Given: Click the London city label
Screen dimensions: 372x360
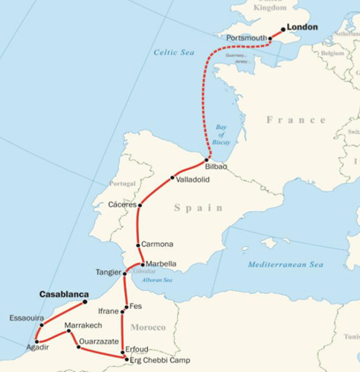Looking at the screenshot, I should [301, 28].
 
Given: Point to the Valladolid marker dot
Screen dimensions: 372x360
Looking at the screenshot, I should [173, 178].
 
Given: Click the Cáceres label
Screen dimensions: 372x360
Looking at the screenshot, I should [123, 204].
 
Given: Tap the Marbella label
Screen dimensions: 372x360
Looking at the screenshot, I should [161, 263].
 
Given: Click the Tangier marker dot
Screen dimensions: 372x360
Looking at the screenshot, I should [124, 274].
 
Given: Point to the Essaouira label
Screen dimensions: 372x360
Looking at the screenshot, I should [26, 318].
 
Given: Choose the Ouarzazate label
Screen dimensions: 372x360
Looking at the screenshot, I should [99, 340].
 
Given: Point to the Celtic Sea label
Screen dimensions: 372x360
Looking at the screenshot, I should [173, 53].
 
